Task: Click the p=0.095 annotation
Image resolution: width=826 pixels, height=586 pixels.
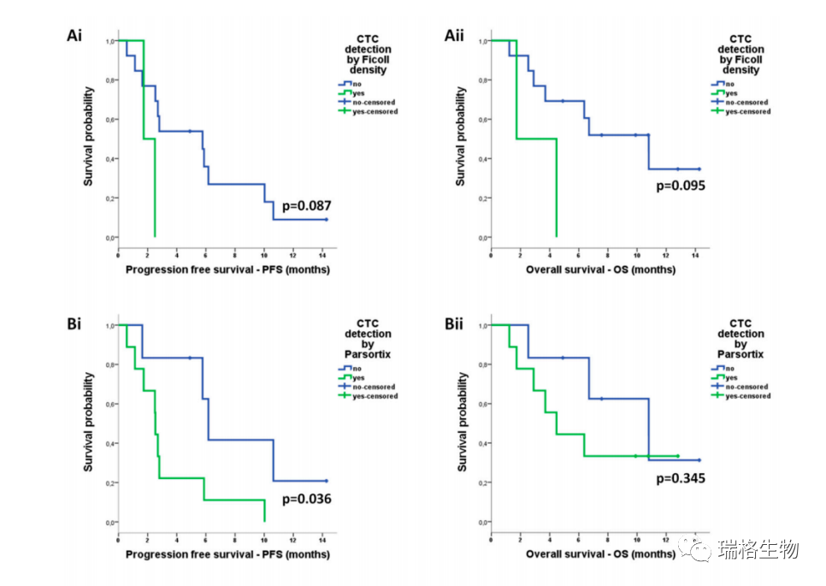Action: (x=681, y=186)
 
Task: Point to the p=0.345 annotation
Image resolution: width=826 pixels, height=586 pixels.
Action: (x=681, y=478)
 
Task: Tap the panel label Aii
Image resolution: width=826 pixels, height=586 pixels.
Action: (x=454, y=35)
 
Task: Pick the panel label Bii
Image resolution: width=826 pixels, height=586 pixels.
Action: (x=454, y=324)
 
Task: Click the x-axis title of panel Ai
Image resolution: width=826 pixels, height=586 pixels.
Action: (x=227, y=269)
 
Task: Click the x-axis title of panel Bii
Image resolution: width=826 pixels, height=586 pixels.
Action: (x=600, y=554)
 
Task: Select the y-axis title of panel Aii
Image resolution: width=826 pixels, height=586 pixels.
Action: (x=461, y=137)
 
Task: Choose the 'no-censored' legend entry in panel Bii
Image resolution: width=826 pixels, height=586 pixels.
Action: (x=746, y=387)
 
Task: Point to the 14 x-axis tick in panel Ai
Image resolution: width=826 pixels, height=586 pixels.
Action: (x=322, y=254)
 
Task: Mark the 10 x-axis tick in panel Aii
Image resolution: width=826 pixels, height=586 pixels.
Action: (x=636, y=254)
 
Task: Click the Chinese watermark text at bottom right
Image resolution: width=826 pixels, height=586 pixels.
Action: (x=758, y=549)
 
